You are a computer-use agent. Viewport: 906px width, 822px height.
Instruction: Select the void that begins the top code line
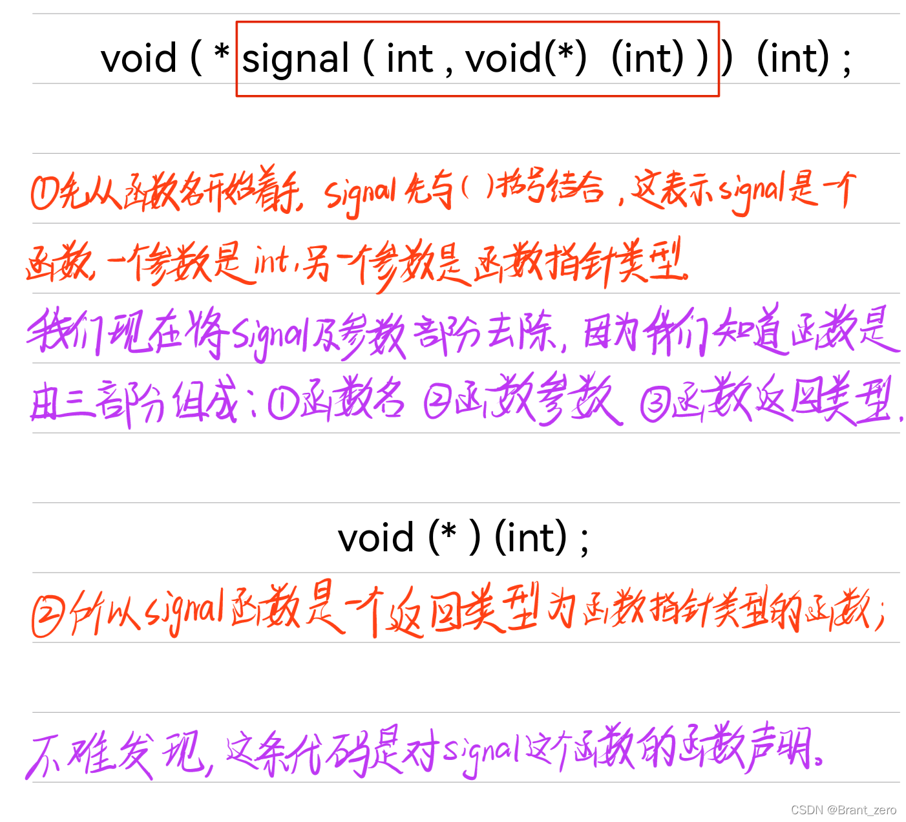pos(138,58)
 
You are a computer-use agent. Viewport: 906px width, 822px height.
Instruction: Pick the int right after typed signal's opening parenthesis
pos(409,59)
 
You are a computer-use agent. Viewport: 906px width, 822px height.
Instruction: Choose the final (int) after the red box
pos(793,58)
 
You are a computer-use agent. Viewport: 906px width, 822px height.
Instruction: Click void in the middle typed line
pos(376,538)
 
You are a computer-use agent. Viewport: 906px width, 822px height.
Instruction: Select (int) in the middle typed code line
pos(531,538)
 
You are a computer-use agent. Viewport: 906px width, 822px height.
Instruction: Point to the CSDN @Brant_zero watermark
pos(843,810)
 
